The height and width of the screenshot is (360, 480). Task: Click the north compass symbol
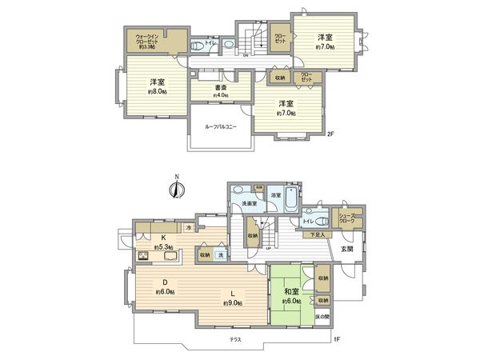[x=178, y=189]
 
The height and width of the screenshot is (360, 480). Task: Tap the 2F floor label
[x=330, y=134]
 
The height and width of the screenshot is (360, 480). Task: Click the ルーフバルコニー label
[x=221, y=127]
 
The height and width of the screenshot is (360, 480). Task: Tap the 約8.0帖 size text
[x=157, y=92]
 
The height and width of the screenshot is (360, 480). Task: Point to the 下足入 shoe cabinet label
[x=318, y=235]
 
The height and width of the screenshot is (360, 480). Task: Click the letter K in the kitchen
[x=163, y=238]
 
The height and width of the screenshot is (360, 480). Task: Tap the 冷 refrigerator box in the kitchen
[x=189, y=228]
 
